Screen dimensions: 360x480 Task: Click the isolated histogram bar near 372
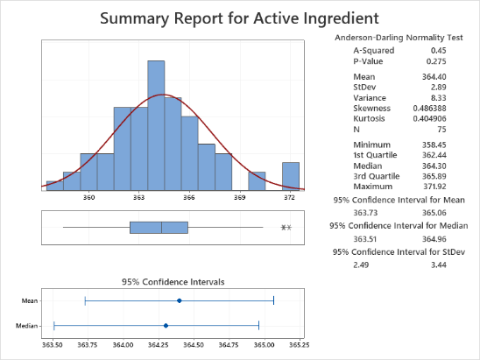coord(291,175)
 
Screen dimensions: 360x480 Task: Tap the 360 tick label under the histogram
coord(88,199)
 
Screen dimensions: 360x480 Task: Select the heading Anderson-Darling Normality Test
coord(404,39)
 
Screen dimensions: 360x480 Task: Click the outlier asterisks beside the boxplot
coord(286,229)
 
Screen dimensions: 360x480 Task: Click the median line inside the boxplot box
coord(161,228)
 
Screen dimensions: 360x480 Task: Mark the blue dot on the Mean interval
coord(180,300)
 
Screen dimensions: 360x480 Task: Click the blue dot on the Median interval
coord(166,326)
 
